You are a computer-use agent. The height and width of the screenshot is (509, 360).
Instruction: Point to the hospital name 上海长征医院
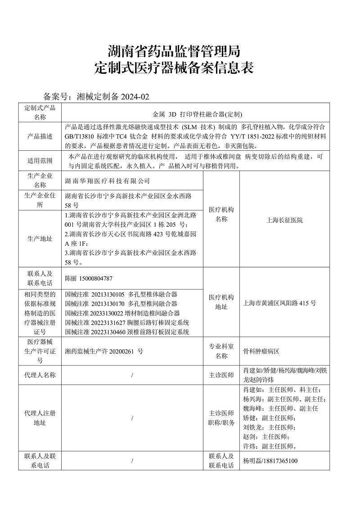(x=284, y=220)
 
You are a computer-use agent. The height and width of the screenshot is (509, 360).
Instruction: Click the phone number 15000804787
(x=95, y=278)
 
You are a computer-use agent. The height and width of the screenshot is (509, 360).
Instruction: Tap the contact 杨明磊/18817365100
(x=270, y=461)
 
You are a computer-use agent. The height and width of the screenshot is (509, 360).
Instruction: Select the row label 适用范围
(x=40, y=161)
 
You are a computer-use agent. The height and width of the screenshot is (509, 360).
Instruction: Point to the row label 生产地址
(x=40, y=239)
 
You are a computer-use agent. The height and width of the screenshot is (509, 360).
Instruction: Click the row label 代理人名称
(x=40, y=375)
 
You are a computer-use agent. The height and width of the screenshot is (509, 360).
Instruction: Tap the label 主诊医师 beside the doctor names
(x=221, y=375)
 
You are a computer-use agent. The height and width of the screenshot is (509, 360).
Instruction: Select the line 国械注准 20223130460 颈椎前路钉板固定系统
(x=127, y=332)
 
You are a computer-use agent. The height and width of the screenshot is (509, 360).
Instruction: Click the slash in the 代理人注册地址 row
(x=132, y=418)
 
